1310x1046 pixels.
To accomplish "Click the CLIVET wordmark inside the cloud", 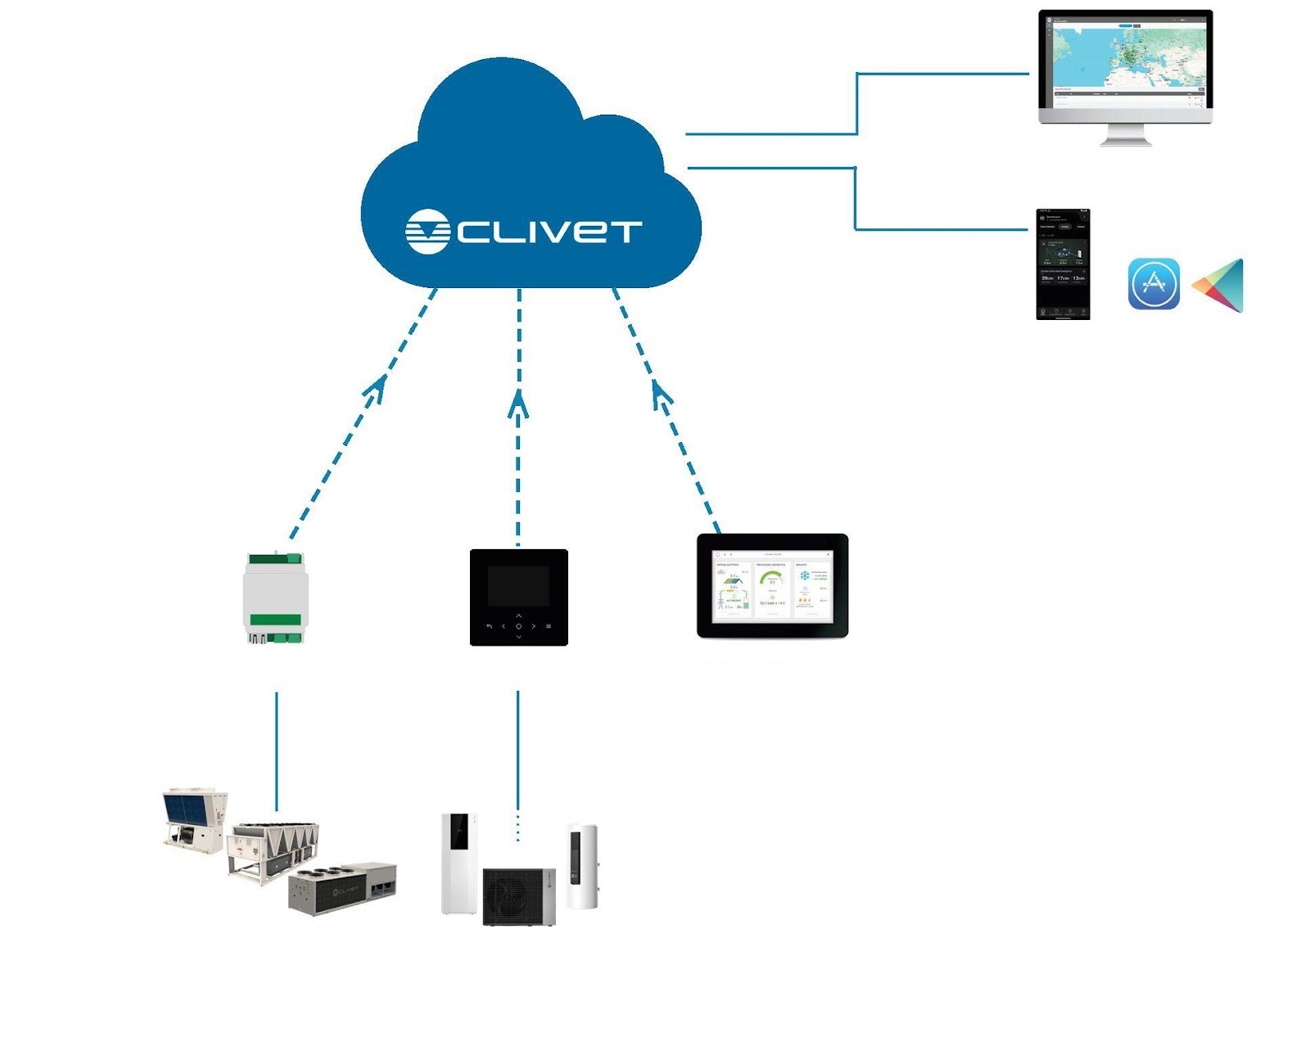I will [548, 231].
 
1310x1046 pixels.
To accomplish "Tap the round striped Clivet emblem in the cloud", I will [427, 232].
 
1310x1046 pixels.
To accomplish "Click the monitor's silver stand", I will [1125, 135].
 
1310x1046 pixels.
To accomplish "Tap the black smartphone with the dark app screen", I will [1063, 264].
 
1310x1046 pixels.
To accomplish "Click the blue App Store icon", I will [1154, 284].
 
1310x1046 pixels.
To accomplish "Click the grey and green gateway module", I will [276, 598].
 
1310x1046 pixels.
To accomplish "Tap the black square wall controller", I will [518, 597].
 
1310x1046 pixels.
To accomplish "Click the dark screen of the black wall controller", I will [518, 585].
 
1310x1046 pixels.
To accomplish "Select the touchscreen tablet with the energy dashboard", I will [772, 586].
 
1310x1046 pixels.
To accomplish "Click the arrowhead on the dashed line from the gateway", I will [377, 388].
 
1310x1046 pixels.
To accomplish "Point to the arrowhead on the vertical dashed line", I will [518, 402].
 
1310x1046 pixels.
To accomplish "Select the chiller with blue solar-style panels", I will [194, 819].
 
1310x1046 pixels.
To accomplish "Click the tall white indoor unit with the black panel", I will [459, 863].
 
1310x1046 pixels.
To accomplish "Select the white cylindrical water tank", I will [582, 867].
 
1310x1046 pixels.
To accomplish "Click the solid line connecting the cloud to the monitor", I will [856, 102].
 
